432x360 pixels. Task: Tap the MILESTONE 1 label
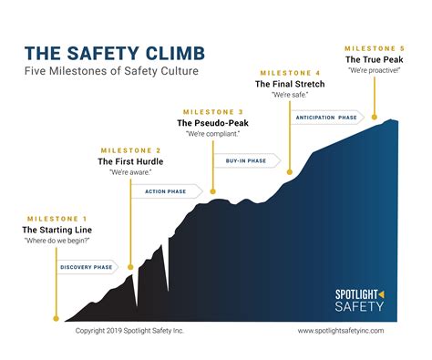pos(57,219)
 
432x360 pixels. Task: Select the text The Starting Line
pos(57,231)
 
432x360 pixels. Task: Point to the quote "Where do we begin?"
pos(57,242)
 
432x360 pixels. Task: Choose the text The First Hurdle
pos(129,161)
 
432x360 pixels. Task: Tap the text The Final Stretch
pos(290,84)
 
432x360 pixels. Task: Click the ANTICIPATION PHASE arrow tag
pos(326,117)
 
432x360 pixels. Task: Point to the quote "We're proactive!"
pos(373,70)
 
